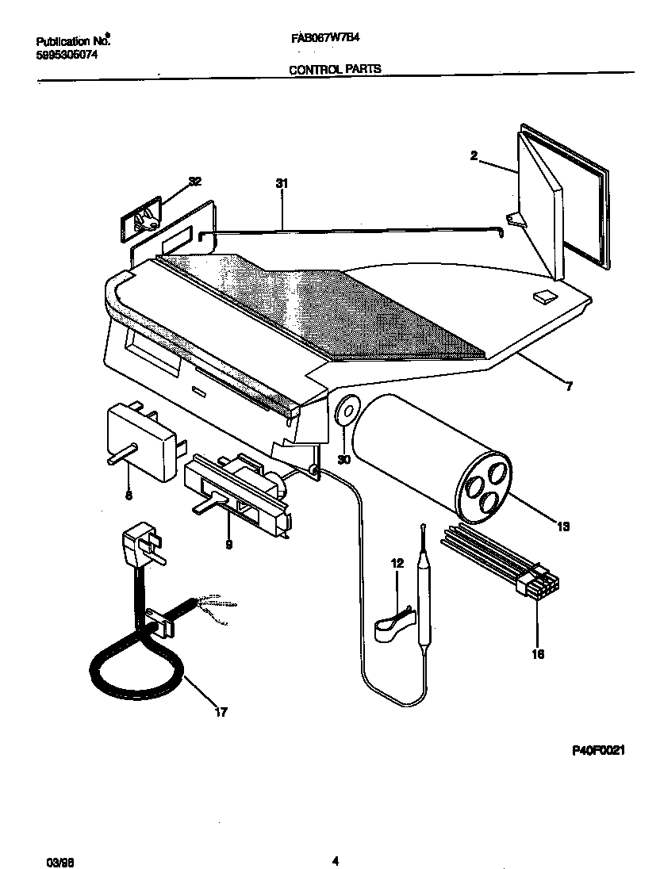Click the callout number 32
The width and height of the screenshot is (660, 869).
194,182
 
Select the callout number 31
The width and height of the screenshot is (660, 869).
281,184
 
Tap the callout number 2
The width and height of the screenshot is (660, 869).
474,156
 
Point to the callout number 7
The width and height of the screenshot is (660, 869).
568,387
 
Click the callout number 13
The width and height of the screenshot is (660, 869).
563,525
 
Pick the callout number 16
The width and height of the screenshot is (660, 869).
539,655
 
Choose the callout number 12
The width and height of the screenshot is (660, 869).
398,563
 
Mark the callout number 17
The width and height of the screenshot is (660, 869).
221,712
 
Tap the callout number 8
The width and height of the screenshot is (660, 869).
129,496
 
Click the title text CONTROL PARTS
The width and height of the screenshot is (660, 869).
335,69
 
